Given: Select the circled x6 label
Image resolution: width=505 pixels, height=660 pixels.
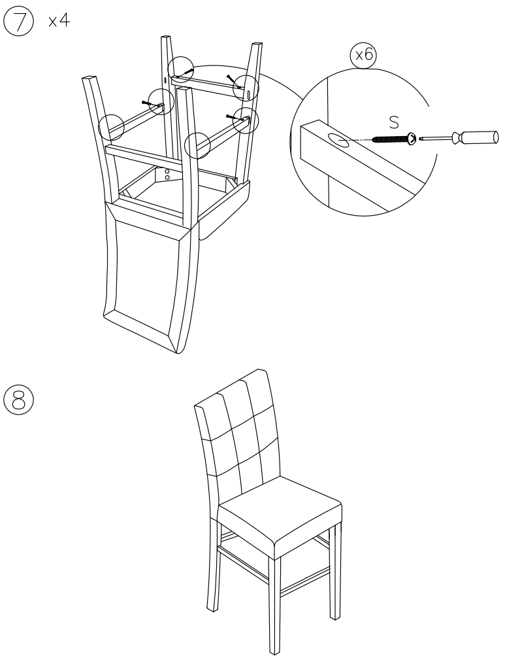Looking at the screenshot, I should (363, 56).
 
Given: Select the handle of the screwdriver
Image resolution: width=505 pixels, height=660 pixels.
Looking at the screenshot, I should (477, 137).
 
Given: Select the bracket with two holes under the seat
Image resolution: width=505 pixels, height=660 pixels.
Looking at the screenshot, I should (167, 175).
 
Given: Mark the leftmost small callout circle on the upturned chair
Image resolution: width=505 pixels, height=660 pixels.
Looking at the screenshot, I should (111, 126).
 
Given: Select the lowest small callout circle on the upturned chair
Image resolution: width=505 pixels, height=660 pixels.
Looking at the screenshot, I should (197, 145).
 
